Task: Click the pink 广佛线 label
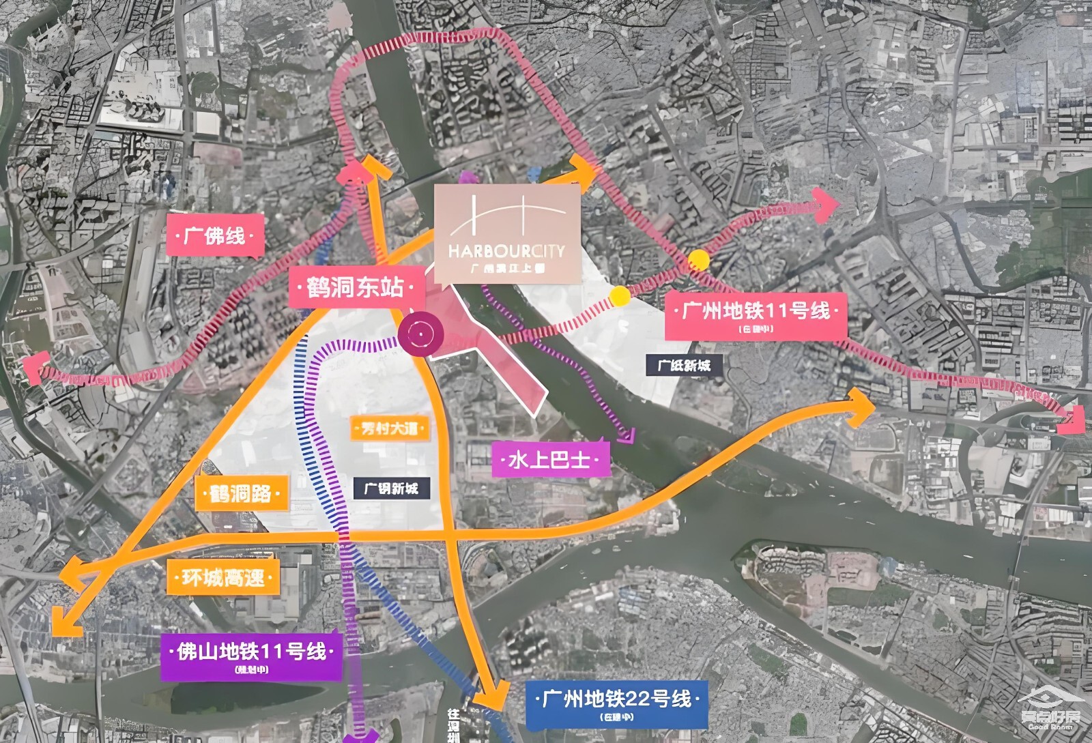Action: (214, 236)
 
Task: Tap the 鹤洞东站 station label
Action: (355, 287)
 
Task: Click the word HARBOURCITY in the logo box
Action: (507, 250)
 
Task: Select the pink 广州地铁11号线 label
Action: (756, 311)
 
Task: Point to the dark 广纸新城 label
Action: (684, 365)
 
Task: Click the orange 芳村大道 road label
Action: (389, 428)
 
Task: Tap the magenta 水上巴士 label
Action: (549, 459)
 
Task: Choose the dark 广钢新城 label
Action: (391, 489)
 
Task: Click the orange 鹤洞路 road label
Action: (241, 493)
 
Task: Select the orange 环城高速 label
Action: (222, 579)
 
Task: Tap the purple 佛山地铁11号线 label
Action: (251, 652)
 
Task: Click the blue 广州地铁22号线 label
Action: (616, 699)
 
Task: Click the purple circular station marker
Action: (421, 334)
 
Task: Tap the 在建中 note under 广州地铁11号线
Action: (756, 329)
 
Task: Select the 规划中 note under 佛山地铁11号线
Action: (251, 669)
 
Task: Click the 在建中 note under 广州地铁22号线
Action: (617, 717)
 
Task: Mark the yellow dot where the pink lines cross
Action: (698, 259)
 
